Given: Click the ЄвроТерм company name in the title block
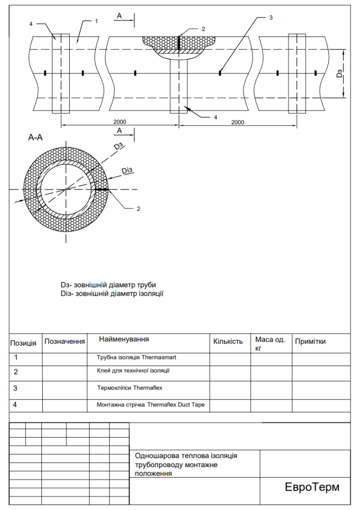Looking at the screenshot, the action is [x=312, y=487].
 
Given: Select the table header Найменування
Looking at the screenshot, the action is [x=124, y=339].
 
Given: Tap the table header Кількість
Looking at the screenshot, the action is [x=228, y=342].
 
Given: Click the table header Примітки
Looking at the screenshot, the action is [x=310, y=342].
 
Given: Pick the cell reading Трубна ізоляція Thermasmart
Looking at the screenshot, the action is [x=136, y=357].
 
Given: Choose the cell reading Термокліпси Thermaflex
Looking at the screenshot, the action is [x=130, y=387].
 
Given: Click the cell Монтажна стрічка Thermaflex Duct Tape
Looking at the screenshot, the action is [x=150, y=405].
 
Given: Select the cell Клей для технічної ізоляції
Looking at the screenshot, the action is [x=133, y=371].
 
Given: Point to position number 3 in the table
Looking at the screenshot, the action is [x=15, y=388].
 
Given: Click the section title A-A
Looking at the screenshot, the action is [x=35, y=137].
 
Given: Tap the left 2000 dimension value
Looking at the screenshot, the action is [x=120, y=122].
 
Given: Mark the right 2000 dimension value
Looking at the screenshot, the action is [x=238, y=123].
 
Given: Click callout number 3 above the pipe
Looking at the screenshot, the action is [x=271, y=17].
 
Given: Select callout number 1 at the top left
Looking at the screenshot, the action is [x=96, y=21].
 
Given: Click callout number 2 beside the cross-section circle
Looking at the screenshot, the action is [x=138, y=209].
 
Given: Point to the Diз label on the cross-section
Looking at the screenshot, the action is [x=127, y=170].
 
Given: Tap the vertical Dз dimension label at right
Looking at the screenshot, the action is [x=340, y=74].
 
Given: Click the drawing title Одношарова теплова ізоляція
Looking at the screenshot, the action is [x=186, y=456].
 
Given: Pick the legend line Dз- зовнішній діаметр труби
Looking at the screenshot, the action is [x=108, y=285].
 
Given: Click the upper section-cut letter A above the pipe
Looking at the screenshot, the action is [x=120, y=15].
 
